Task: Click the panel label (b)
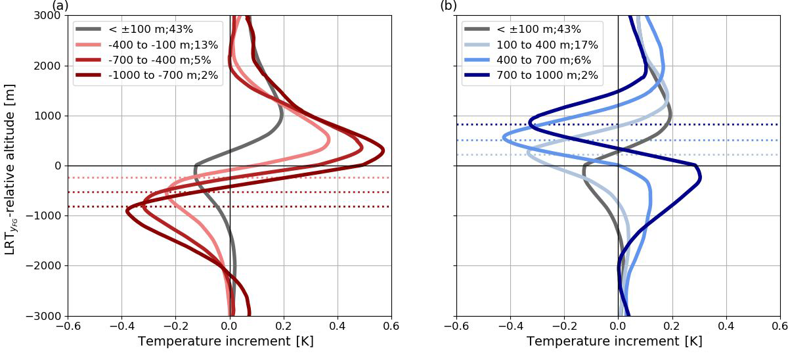[449, 6]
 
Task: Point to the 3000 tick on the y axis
[47, 16]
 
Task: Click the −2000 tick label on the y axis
[43, 265]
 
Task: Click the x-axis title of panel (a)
[229, 342]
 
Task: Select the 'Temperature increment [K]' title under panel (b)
[618, 342]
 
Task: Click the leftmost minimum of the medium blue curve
[504, 137]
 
